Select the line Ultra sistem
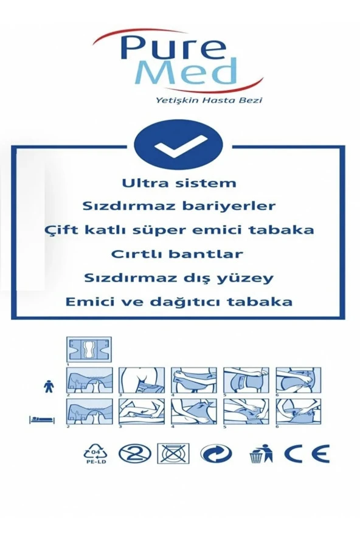[179, 182]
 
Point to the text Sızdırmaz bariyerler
[179, 206]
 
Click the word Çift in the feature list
[61, 230]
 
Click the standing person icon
[49, 385]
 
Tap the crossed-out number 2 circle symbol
[135, 454]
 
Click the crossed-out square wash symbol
[173, 453]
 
